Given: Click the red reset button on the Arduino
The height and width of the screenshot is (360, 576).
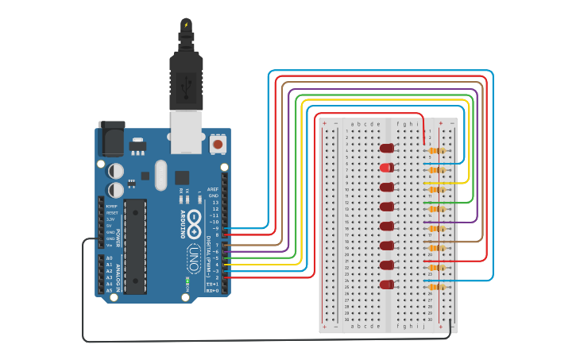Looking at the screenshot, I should (x=217, y=145).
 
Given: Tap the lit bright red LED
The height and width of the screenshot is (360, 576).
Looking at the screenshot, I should (x=386, y=168).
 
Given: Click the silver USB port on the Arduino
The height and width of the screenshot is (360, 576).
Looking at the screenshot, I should (x=187, y=131).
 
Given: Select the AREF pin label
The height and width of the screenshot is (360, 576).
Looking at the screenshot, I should (x=213, y=189).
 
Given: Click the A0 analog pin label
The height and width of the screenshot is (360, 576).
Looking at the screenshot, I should (x=109, y=258).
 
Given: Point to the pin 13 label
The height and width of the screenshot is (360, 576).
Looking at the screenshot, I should (x=213, y=203).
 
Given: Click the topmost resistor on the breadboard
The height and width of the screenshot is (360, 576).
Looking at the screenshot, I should (x=435, y=150).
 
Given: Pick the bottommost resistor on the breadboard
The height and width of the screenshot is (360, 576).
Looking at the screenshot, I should (x=435, y=286).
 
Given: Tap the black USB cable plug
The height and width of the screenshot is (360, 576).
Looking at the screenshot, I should (x=186, y=79).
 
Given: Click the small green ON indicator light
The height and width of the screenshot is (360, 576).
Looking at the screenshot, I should (x=186, y=281).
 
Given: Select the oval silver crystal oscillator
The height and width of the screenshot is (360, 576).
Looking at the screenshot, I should (x=161, y=176).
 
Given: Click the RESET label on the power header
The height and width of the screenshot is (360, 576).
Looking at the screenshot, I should (x=111, y=213).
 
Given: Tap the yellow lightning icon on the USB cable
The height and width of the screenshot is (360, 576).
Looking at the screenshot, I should (x=186, y=25).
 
